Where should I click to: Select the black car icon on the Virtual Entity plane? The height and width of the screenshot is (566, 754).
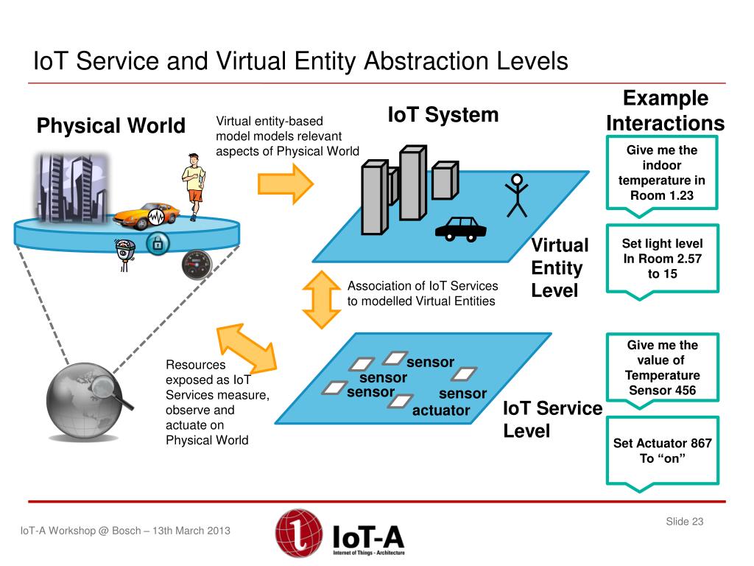461,228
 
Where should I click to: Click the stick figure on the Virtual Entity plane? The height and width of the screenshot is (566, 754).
517,195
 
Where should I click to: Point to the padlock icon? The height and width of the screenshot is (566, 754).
156,243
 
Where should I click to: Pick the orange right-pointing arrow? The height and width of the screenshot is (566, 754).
286,184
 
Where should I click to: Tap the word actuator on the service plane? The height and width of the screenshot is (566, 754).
441,410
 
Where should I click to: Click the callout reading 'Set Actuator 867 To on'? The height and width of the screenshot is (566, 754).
662,451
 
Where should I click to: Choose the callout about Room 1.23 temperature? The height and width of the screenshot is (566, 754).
662,173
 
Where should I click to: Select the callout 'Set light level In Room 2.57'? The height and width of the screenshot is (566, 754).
662,259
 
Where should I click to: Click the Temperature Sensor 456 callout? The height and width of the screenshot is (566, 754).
662,368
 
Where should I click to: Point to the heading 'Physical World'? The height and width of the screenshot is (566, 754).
111,126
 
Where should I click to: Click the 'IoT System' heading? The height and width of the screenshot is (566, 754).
443,115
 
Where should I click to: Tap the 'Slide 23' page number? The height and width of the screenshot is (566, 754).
685,522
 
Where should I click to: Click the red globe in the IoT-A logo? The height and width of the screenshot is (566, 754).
298,533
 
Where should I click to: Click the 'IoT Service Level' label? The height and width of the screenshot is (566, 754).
552,419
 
